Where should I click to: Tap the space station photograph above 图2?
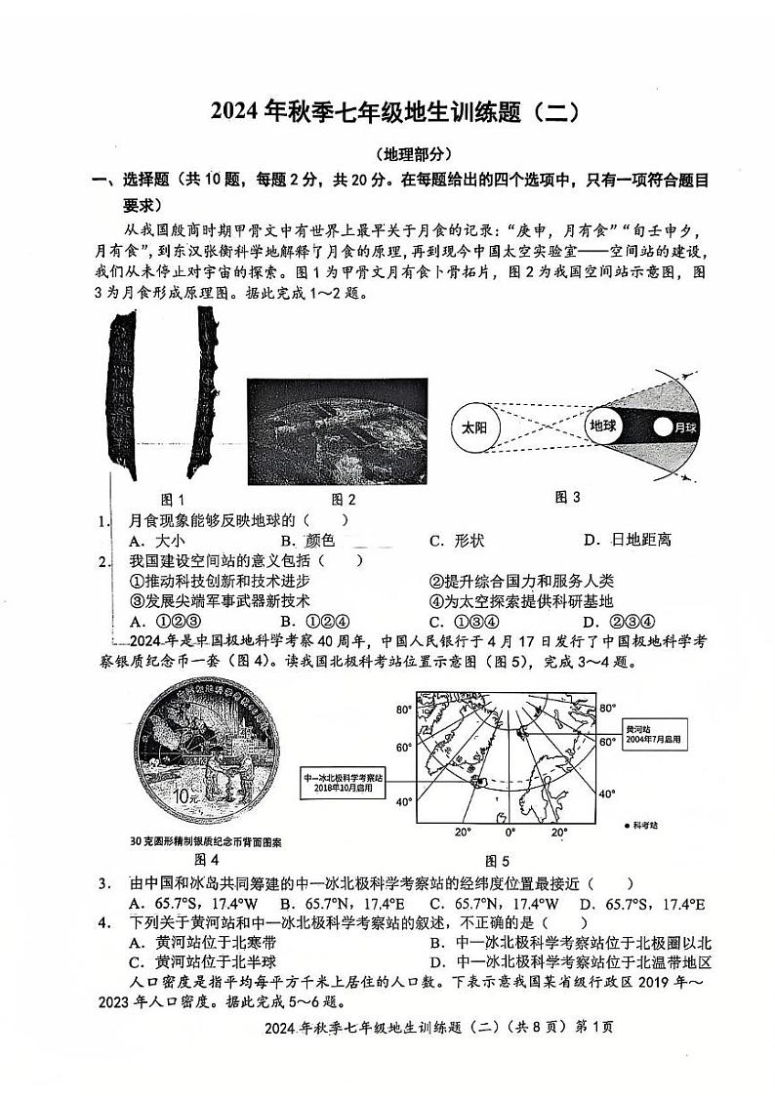(338, 430)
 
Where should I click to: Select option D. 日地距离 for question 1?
(628, 540)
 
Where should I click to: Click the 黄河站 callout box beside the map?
(654, 734)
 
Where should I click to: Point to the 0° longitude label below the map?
(510, 833)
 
